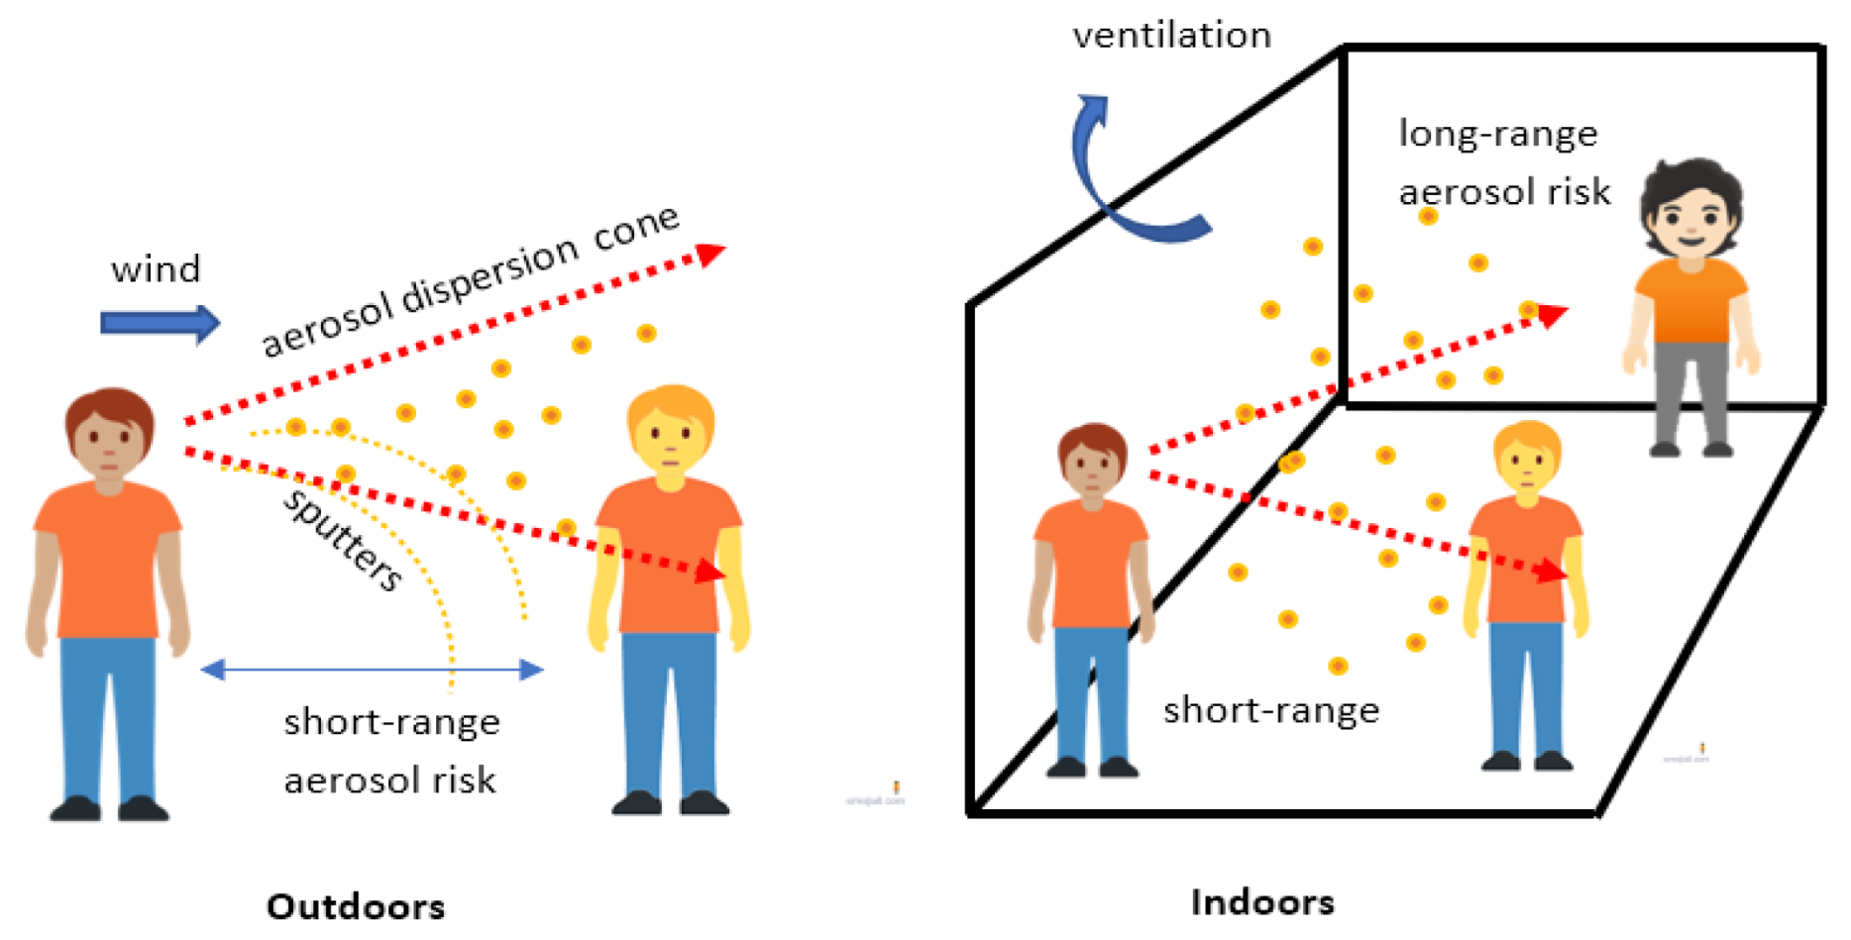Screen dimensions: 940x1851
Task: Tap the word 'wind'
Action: (156, 269)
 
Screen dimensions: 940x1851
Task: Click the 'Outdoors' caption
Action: (356, 905)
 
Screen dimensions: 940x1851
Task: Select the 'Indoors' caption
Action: (1262, 902)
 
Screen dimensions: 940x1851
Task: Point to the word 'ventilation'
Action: (1171, 36)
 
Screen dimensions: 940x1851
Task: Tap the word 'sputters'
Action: (343, 539)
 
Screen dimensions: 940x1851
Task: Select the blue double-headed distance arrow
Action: (372, 671)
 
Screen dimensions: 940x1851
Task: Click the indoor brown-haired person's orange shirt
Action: (1091, 565)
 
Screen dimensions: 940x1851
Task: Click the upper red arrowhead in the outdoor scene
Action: (710, 254)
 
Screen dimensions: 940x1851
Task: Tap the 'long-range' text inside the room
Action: (1497, 134)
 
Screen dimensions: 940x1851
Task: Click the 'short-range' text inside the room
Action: (1271, 710)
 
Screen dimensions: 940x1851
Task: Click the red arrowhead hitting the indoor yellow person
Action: (1551, 571)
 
